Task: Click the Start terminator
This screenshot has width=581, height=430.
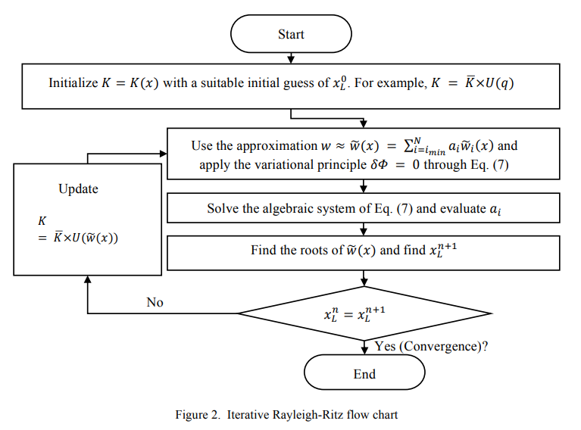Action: pos(291,34)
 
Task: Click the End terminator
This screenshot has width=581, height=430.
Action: pos(364,374)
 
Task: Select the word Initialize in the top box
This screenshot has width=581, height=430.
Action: pos(73,83)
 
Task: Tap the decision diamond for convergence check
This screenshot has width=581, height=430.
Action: pos(365,313)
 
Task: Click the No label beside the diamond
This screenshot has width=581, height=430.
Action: pos(155,302)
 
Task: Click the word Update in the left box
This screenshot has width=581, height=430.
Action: pos(78,189)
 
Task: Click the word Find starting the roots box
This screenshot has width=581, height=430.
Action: pos(264,250)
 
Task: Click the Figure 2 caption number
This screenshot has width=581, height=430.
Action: pos(200,414)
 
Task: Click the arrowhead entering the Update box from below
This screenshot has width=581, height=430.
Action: pos(89,279)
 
